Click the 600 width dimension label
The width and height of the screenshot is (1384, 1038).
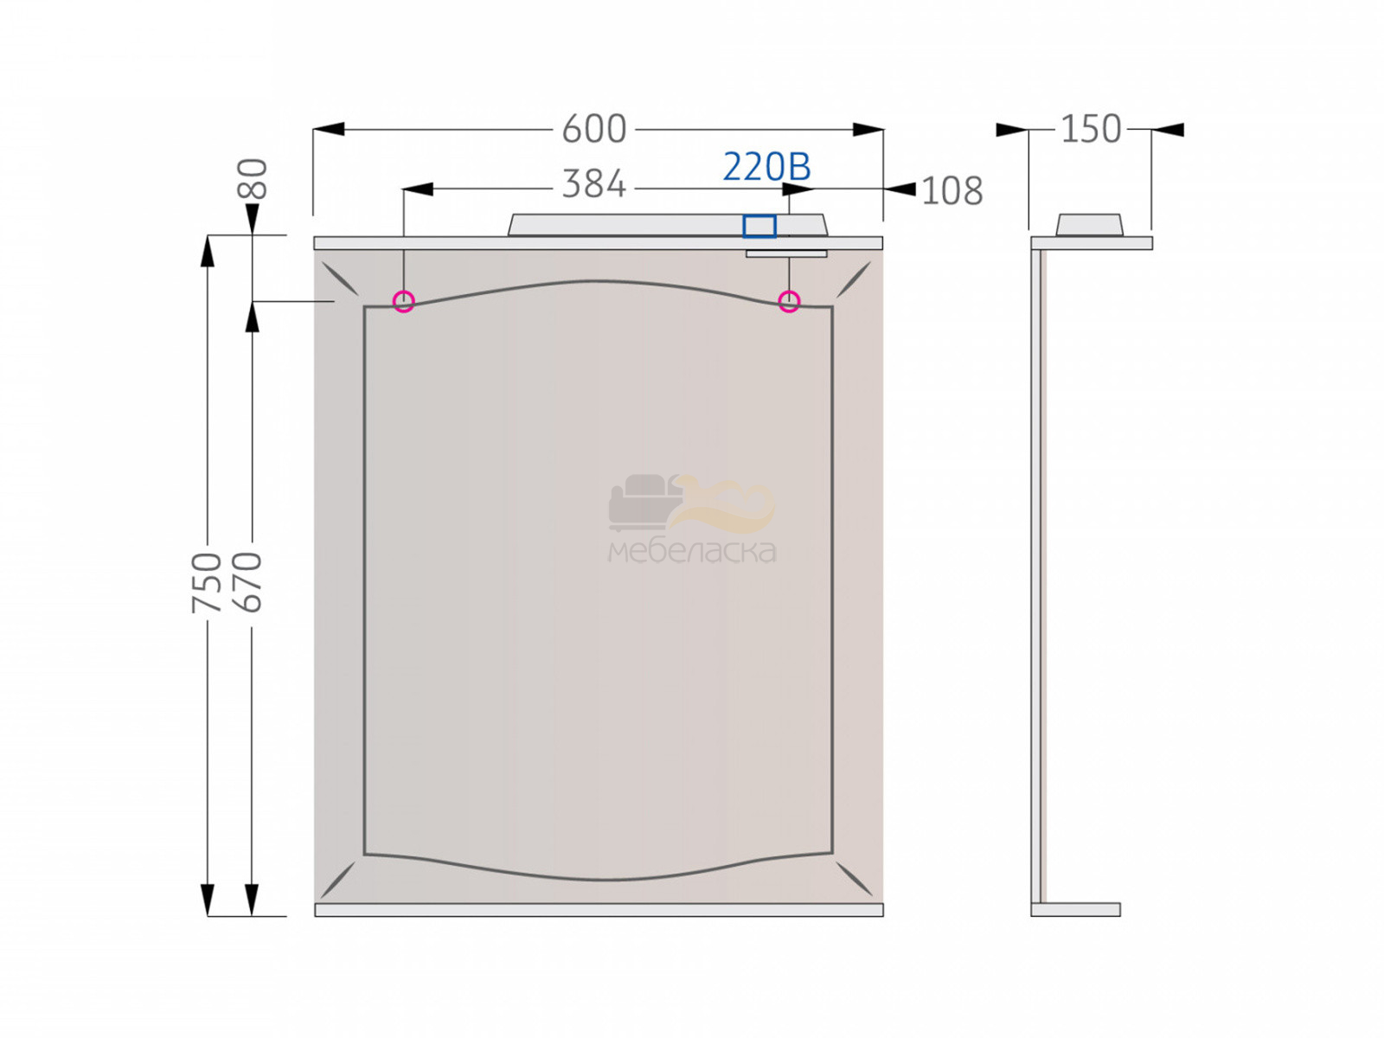[x=594, y=129]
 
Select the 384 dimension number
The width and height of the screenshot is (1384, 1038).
[x=594, y=184]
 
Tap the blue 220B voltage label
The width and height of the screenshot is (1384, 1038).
[x=766, y=167]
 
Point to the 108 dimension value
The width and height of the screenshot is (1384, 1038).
[x=952, y=191]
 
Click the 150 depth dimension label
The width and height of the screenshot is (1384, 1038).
[x=1091, y=129]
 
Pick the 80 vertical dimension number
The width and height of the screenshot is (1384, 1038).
[x=253, y=179]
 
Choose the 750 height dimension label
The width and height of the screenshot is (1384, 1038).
[x=207, y=582]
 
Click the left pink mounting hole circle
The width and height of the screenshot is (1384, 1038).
[x=404, y=301]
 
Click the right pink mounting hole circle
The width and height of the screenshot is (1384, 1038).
[x=789, y=301]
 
